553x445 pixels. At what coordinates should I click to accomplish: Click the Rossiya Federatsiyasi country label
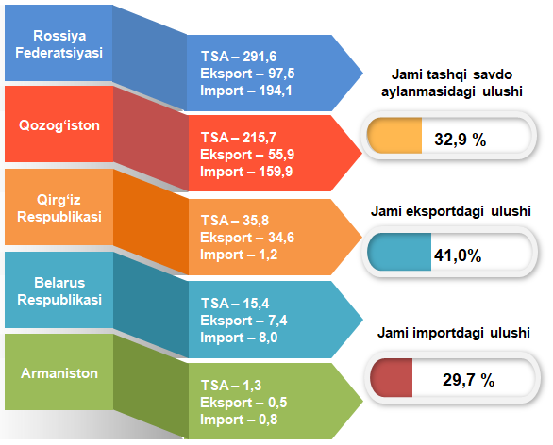coord(59,44)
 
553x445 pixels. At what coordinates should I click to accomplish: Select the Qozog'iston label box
coord(59,124)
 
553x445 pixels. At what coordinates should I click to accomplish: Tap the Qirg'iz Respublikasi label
coord(59,208)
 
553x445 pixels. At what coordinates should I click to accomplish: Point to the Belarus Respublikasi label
coord(59,291)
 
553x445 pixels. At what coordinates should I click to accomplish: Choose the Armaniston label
coord(59,373)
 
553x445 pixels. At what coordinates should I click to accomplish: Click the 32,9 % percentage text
coord(461,140)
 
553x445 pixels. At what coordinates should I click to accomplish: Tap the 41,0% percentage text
coord(458,255)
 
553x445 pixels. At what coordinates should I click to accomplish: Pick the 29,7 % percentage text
coord(468,380)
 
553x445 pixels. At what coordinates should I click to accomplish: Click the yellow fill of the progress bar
coord(394,136)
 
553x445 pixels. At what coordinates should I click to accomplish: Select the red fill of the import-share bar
coord(391,378)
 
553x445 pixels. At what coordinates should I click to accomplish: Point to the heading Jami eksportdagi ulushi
coord(451,211)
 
